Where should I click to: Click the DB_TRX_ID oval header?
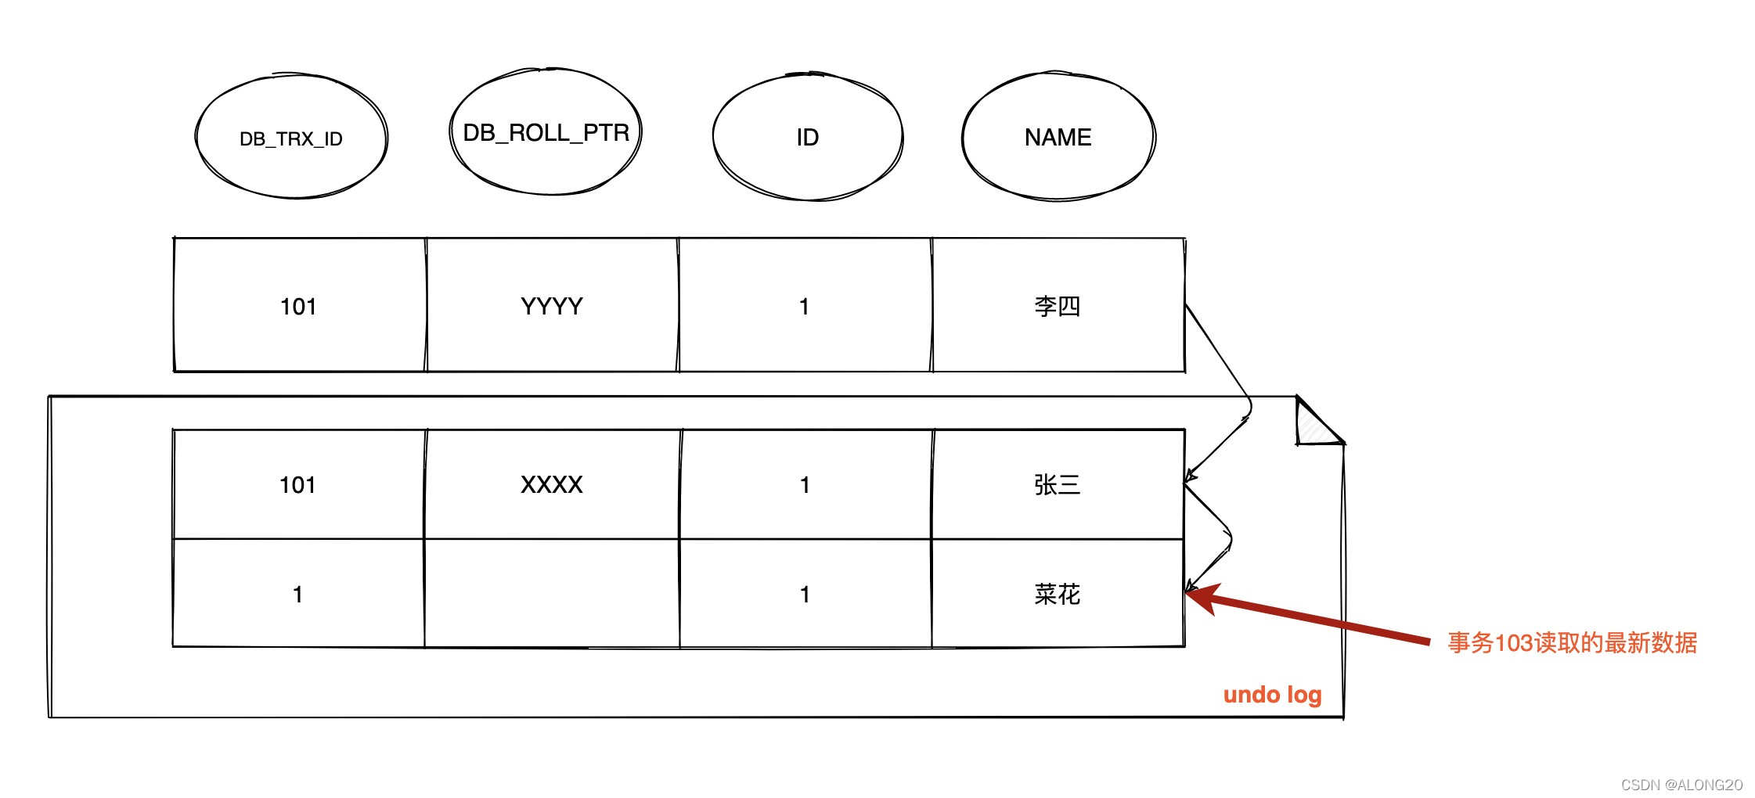(291, 138)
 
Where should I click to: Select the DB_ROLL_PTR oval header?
(546, 132)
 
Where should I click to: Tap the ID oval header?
(807, 138)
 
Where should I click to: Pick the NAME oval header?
(1058, 138)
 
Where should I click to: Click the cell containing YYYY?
(552, 306)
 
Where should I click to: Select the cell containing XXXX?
(552, 485)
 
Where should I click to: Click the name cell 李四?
(1058, 306)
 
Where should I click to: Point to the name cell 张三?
(1058, 485)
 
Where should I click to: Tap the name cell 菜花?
(1058, 595)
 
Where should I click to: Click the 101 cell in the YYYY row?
(298, 306)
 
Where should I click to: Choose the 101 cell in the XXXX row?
(298, 485)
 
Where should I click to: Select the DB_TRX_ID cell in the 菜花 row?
(298, 595)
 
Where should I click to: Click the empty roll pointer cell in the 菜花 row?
(552, 595)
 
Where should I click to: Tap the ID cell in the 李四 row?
(805, 306)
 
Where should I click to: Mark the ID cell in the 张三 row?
(805, 485)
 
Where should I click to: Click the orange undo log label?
(1272, 695)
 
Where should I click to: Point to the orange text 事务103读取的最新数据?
(1572, 643)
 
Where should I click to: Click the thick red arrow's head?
(1201, 597)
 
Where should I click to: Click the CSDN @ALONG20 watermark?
(1681, 785)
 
